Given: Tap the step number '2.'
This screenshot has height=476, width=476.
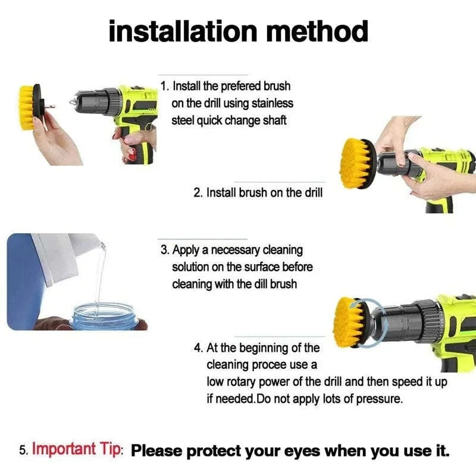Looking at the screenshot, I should point(199,193).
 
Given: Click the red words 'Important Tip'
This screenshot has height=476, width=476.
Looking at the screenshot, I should point(76,449).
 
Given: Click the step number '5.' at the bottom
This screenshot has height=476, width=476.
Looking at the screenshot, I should point(24,450).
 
